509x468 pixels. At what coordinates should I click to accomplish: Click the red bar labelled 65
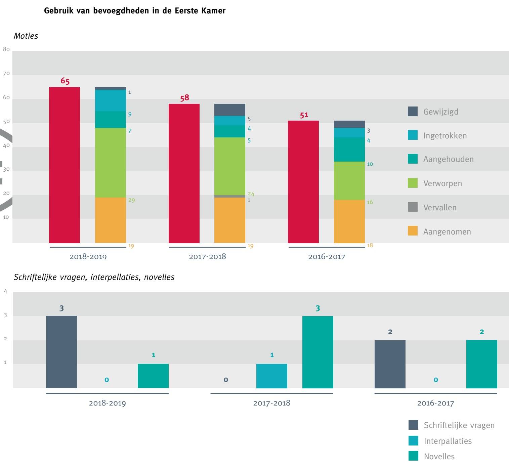pos(65,165)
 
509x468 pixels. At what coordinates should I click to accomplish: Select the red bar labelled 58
pos(184,173)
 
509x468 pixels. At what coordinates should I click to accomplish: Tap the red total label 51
pos(304,115)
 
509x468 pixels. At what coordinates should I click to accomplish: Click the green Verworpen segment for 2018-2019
pos(111,162)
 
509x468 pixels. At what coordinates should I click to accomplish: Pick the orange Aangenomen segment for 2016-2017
pos(349,221)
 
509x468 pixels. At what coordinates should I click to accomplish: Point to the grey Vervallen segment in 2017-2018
pos(230,196)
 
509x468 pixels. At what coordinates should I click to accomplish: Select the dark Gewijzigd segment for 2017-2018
pos(230,110)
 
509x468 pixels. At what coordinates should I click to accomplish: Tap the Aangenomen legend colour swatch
pos(413,231)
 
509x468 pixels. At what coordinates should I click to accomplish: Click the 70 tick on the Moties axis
pos(6,74)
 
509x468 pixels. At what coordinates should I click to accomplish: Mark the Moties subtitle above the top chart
pos(26,36)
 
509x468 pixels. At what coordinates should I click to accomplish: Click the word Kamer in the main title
pos(213,11)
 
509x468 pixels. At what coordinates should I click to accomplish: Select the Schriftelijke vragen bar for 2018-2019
pos(61,352)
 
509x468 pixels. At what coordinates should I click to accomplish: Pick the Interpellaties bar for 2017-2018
pos(272,376)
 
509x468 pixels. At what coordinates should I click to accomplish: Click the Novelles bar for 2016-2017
pos(481,364)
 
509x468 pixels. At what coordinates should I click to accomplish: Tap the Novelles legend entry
pos(439,456)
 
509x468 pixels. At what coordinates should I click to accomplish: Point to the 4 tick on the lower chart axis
pos(5,291)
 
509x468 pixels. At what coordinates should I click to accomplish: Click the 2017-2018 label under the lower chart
pos(271,403)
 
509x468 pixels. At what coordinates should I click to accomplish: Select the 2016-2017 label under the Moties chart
pos(327,257)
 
